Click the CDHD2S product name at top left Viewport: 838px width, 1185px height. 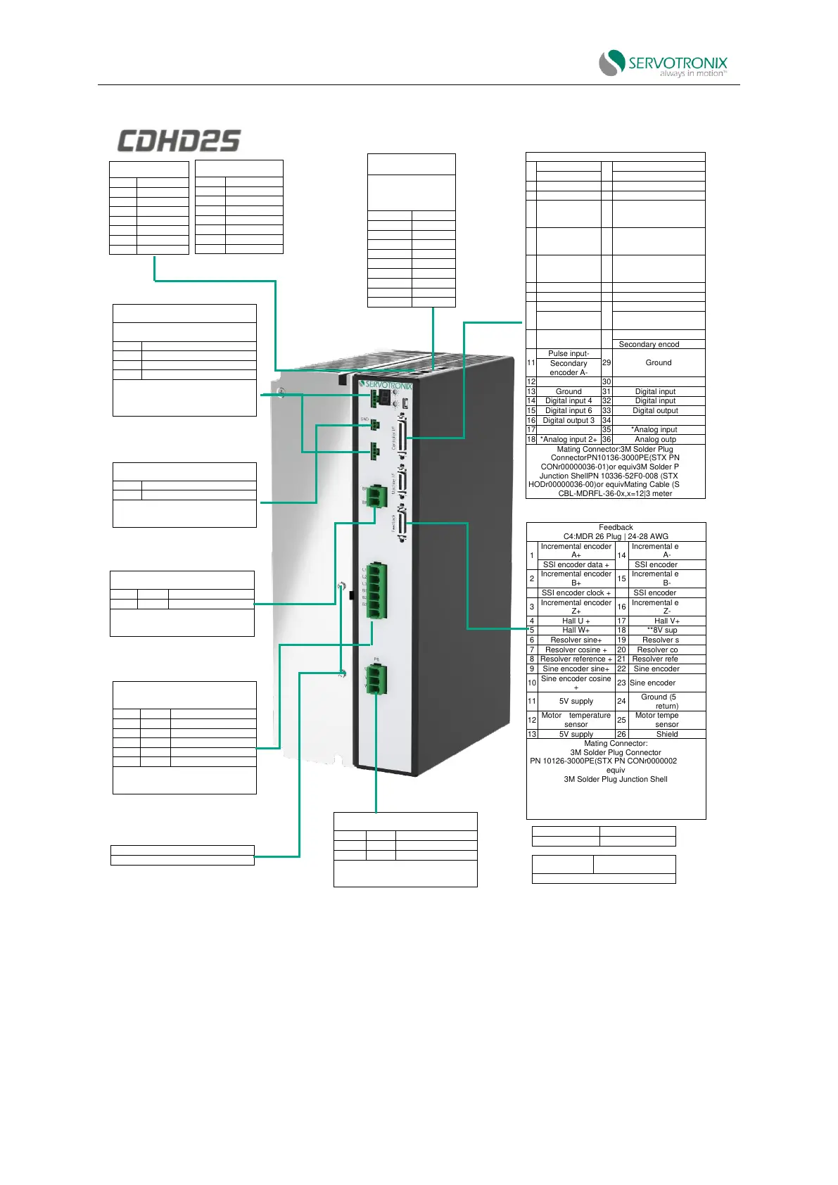pyautogui.click(x=179, y=141)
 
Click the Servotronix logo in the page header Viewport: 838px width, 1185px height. pyautogui.click(x=664, y=63)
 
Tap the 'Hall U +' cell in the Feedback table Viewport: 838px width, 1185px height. pyautogui.click(x=576, y=621)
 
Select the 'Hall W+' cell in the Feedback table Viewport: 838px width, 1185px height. pyautogui.click(x=576, y=630)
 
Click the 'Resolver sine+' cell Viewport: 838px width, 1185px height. pyautogui.click(x=576, y=640)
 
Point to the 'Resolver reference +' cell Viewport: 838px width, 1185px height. pyautogui.click(x=576, y=659)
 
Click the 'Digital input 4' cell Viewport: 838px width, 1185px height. pyautogui.click(x=569, y=400)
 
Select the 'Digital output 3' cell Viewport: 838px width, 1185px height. pyautogui.click(x=569, y=420)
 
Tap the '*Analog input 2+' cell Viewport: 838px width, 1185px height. pyautogui.click(x=569, y=439)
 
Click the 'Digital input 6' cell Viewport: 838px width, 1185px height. pyautogui.click(x=569, y=410)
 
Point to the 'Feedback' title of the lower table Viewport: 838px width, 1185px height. pyautogui.click(x=616, y=527)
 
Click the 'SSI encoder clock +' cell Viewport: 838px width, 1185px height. pyautogui.click(x=576, y=592)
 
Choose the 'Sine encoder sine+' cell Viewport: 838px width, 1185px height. pyautogui.click(x=576, y=668)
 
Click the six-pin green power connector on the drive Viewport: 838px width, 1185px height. pyautogui.click(x=376, y=591)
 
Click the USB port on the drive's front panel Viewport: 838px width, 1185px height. pyautogui.click(x=407, y=403)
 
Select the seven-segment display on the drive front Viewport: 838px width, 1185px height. pyautogui.click(x=384, y=398)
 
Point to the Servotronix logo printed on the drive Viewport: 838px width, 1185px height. pyautogui.click(x=386, y=385)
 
